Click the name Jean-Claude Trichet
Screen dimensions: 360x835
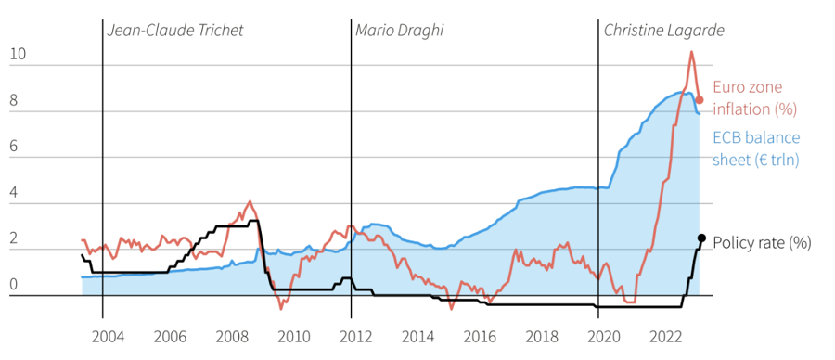pyautogui.click(x=175, y=31)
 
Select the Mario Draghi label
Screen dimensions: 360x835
pyautogui.click(x=399, y=31)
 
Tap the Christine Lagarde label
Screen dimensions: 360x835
pyautogui.click(x=663, y=31)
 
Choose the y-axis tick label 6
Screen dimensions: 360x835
pyautogui.click(x=14, y=148)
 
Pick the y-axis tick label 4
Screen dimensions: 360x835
pyautogui.click(x=14, y=194)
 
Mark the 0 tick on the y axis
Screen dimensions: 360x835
pyautogui.click(x=14, y=285)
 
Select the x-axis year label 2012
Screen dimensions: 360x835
pyautogui.click(x=353, y=336)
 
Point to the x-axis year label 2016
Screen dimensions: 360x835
pyautogui.click(x=478, y=336)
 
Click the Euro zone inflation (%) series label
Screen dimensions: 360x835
pyautogui.click(x=754, y=97)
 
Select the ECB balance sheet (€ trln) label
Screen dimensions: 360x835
pyautogui.click(x=756, y=148)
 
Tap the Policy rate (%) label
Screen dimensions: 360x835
pyautogui.click(x=762, y=243)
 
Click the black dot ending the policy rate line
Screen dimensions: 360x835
pyautogui.click(x=701, y=238)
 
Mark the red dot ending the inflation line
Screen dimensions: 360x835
pyautogui.click(x=700, y=99)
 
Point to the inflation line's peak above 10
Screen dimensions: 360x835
pyautogui.click(x=691, y=52)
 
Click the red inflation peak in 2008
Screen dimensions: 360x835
pyautogui.click(x=250, y=200)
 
